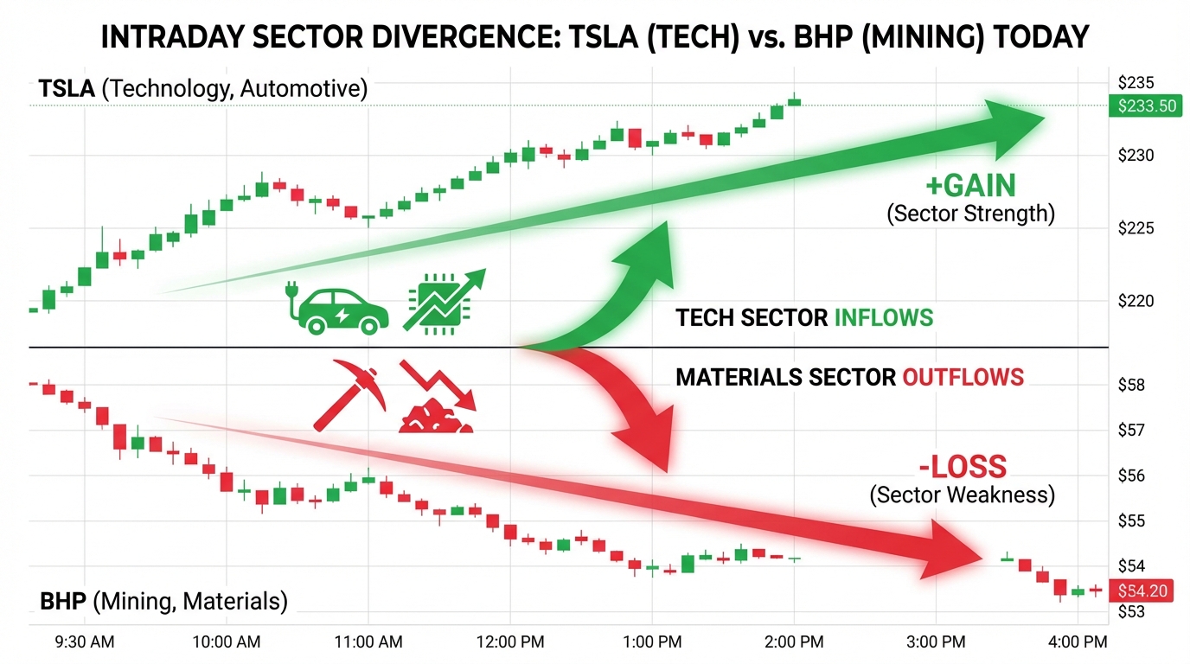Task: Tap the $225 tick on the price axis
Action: [1136, 228]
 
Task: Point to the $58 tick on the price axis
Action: [1131, 384]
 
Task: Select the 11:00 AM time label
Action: [368, 642]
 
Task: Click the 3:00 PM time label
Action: [936, 642]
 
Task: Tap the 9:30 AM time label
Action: [85, 642]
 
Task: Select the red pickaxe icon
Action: [346, 393]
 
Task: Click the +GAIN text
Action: [970, 185]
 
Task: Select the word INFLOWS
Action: [883, 317]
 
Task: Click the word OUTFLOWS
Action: [963, 377]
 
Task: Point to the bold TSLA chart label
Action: [67, 88]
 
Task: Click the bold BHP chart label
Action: [64, 601]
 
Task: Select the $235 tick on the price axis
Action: [1136, 83]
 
